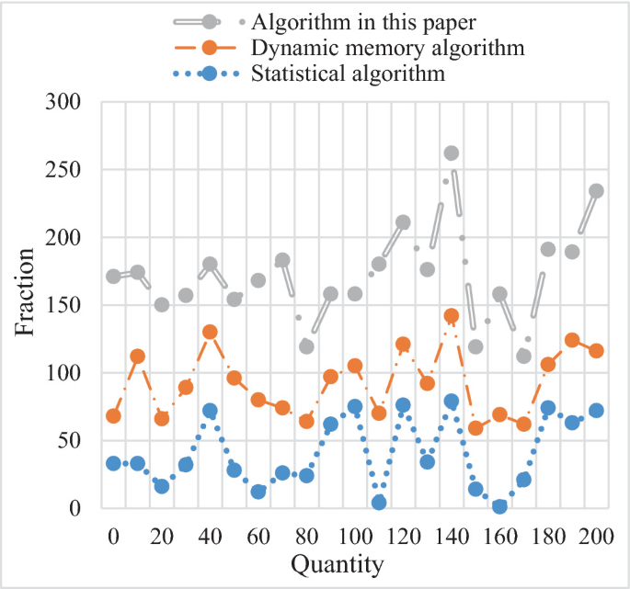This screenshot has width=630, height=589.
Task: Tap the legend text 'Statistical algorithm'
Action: tap(349, 72)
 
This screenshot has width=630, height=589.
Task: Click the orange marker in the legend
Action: tap(210, 47)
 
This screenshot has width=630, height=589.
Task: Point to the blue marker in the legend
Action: tap(210, 73)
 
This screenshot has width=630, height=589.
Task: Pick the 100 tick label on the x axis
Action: tap(355, 535)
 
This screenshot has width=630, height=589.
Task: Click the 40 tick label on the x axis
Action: tap(210, 535)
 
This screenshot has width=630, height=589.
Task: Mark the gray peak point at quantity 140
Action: tap(452, 153)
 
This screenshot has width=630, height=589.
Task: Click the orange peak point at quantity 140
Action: tap(452, 316)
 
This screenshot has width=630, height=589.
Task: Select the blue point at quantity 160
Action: tap(499, 506)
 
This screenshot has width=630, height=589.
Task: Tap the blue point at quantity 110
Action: tap(379, 502)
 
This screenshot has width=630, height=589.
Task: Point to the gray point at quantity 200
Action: tap(596, 191)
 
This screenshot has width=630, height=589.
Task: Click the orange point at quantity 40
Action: tap(210, 332)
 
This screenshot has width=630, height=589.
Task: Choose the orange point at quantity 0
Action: tap(113, 415)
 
